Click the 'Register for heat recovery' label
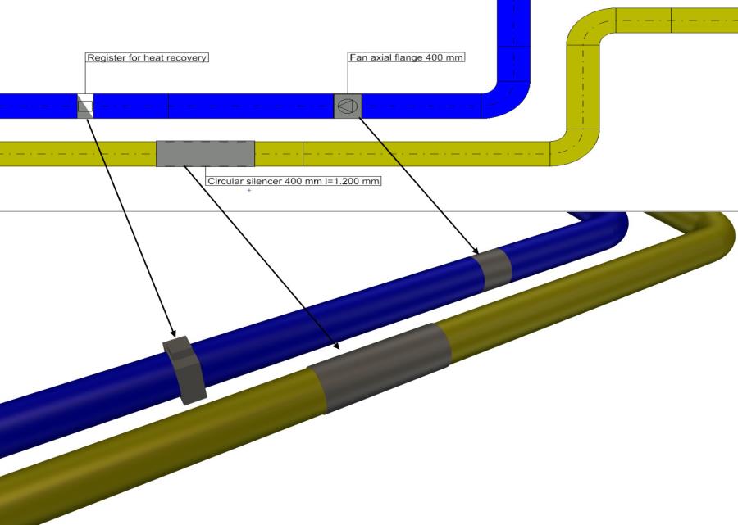[148, 58]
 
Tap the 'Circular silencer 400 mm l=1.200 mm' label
[294, 181]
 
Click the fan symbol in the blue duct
[348, 106]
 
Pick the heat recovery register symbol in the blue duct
[84, 106]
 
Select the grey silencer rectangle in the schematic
[205, 153]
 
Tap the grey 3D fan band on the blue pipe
[494, 269]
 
